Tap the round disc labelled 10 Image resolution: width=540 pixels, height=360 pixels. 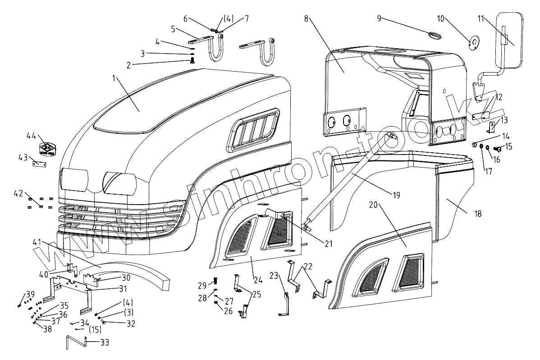pyautogui.click(x=473, y=44)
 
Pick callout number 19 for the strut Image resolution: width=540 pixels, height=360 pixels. pyautogui.click(x=396, y=195)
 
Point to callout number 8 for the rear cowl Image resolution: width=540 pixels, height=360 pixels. pyautogui.click(x=306, y=18)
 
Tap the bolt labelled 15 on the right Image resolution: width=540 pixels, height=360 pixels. pyautogui.click(x=499, y=148)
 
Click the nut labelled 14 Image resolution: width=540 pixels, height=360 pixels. pyautogui.click(x=475, y=145)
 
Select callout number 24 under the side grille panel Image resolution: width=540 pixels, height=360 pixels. pyautogui.click(x=258, y=279)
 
